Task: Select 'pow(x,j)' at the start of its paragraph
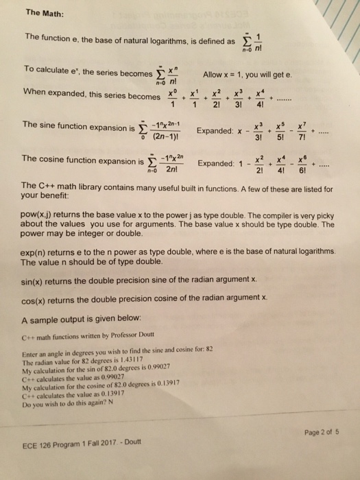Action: click(x=40, y=214)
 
